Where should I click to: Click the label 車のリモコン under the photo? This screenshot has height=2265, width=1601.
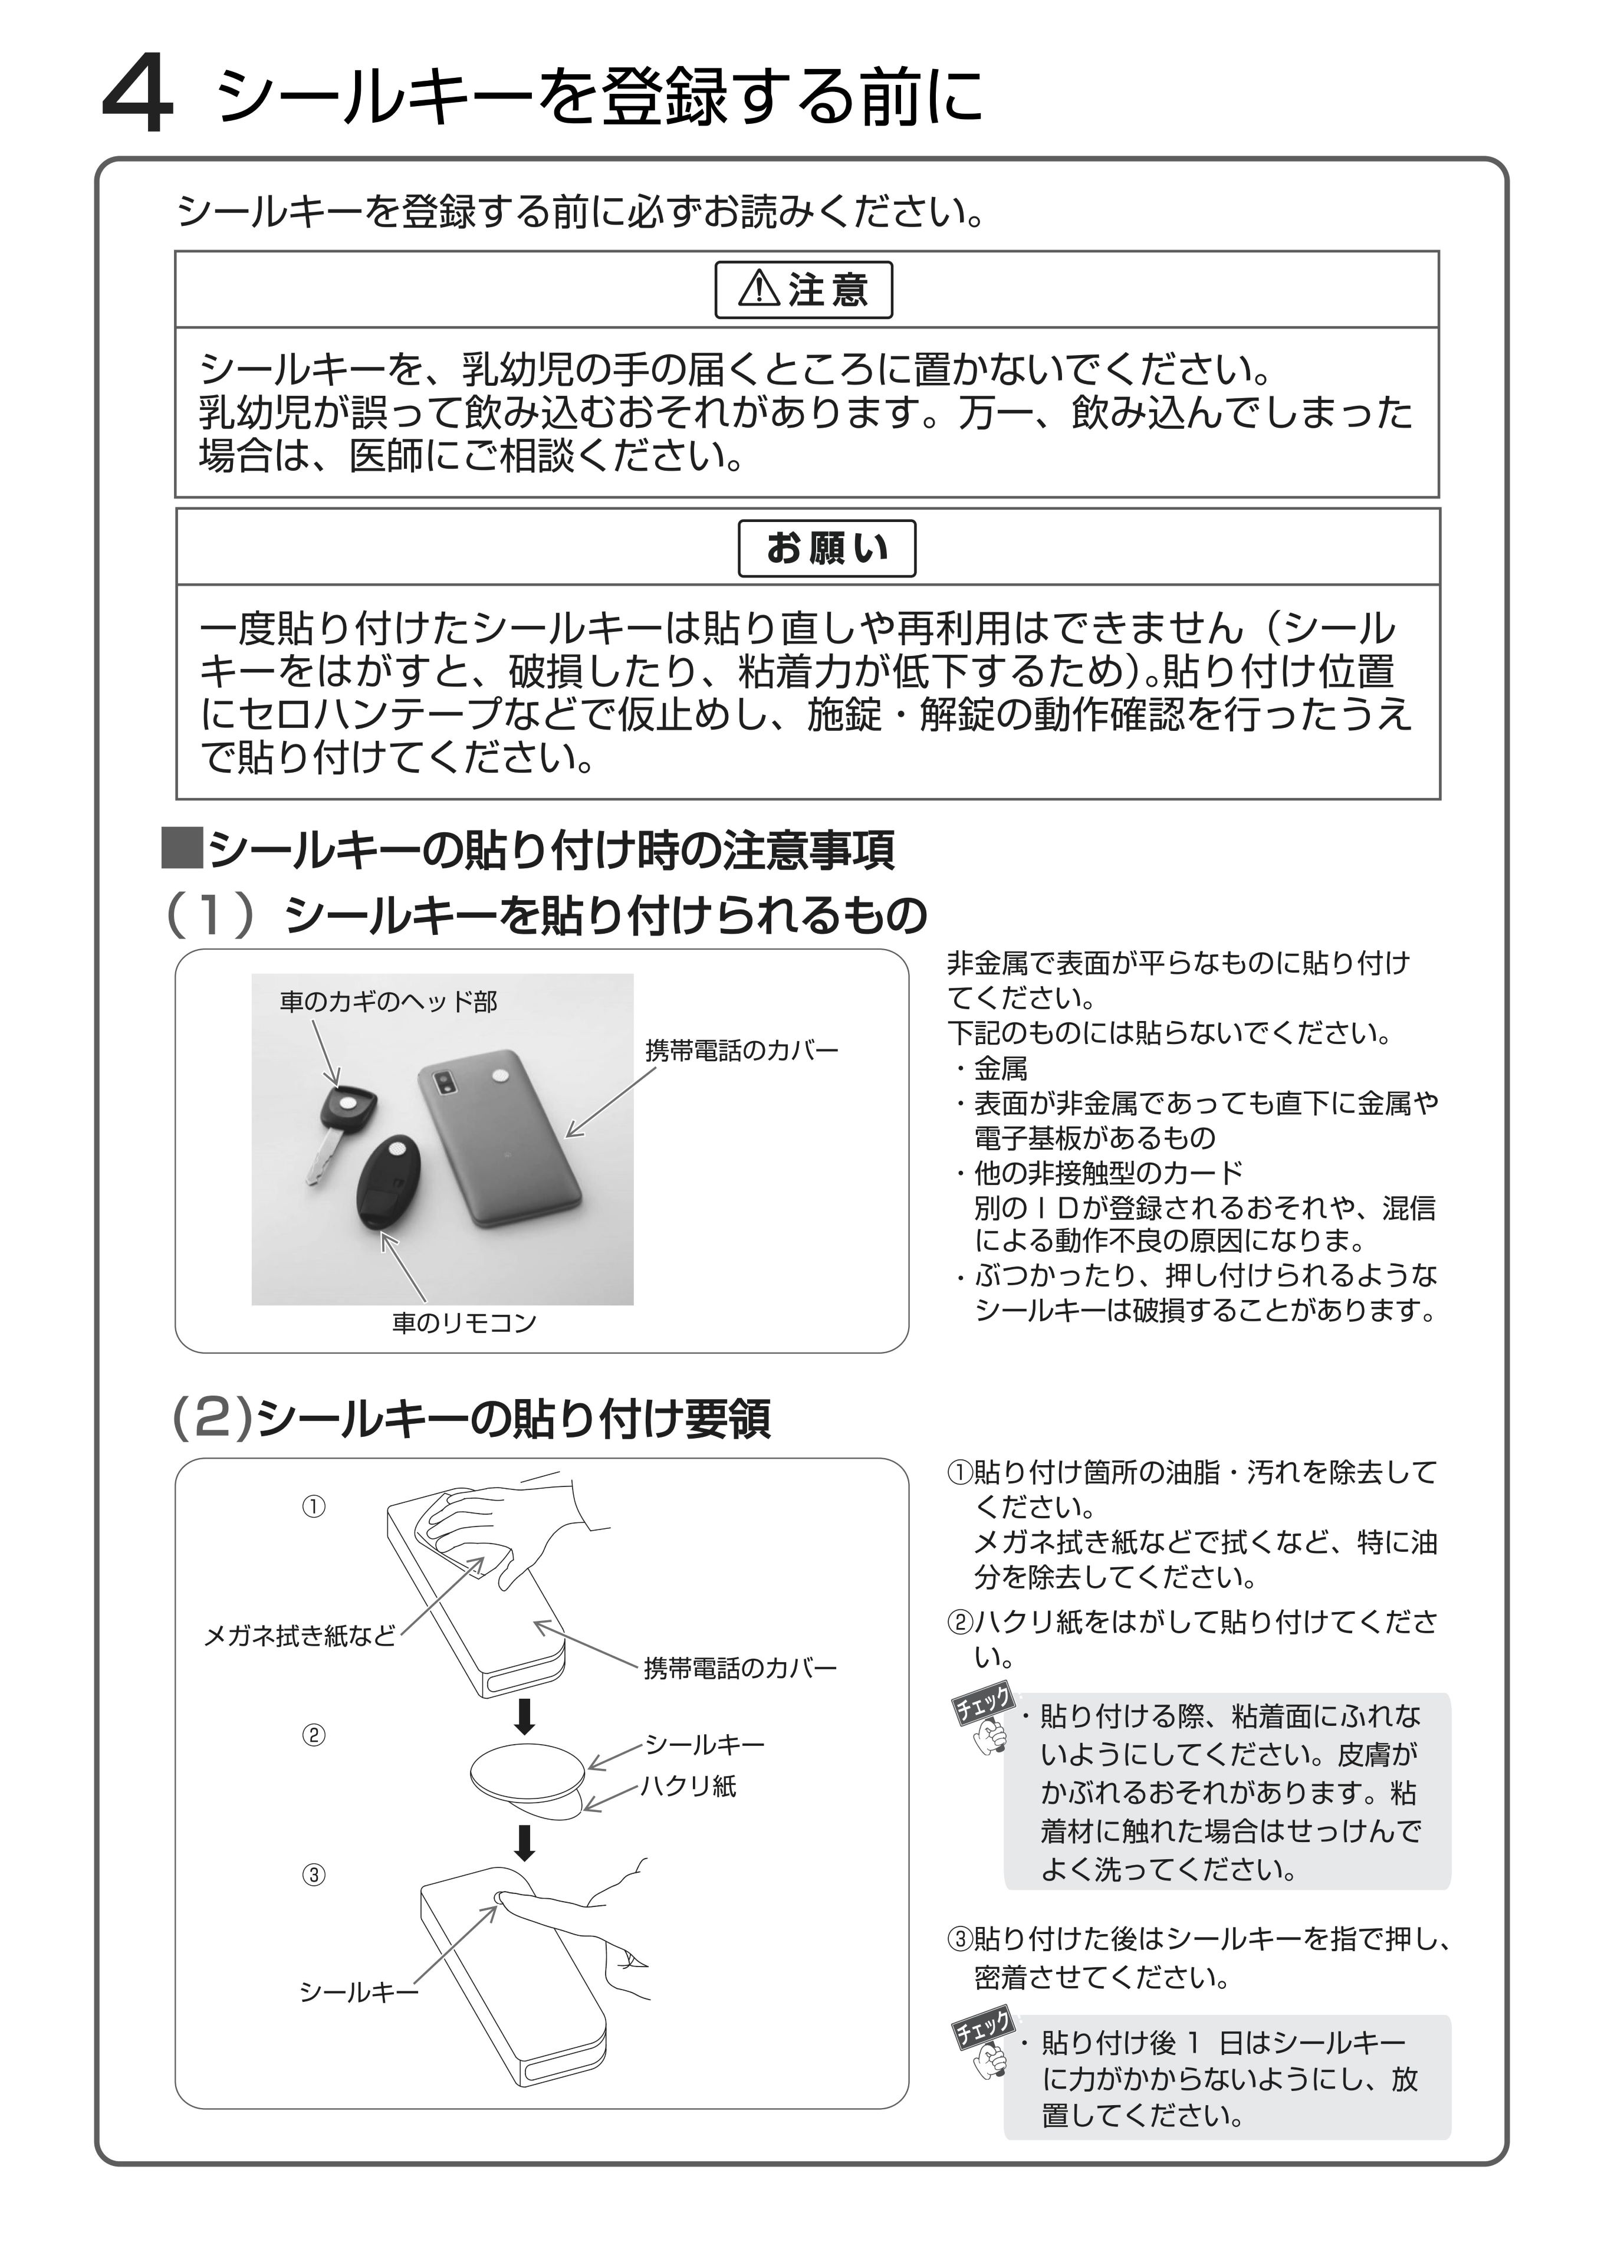coord(463,1323)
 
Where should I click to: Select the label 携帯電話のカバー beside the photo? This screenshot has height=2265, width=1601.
coord(741,1051)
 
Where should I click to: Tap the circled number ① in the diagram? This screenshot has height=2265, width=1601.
coord(314,1506)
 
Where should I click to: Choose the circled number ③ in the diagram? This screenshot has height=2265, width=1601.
coord(314,1875)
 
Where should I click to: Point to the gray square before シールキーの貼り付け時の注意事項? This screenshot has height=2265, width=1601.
coord(182,848)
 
